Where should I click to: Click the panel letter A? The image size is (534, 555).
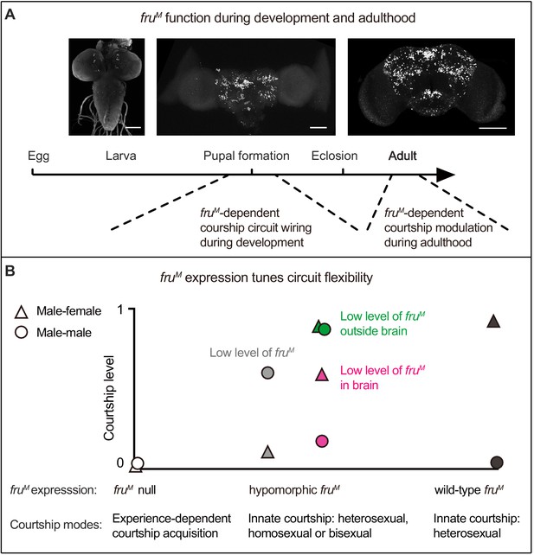click(10, 15)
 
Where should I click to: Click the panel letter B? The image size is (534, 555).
click(10, 271)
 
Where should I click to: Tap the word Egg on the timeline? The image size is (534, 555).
click(39, 156)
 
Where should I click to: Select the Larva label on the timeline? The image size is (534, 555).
click(121, 156)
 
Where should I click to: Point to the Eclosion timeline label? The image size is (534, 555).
click(334, 156)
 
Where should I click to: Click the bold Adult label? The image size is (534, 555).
click(402, 156)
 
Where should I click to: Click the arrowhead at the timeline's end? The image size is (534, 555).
click(446, 175)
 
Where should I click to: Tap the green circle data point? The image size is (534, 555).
click(325, 329)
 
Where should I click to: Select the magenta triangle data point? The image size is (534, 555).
click(322, 374)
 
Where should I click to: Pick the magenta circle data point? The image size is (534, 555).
click(322, 441)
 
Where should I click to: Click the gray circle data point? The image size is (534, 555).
click(267, 373)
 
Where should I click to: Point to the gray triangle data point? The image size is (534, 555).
click(268, 452)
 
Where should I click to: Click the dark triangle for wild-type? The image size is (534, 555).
click(493, 321)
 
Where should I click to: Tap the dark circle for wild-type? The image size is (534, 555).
click(497, 462)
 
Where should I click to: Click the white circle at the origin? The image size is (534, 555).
click(138, 463)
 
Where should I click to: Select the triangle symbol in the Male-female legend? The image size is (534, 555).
click(22, 311)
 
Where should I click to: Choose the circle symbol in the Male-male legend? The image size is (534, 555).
click(22, 333)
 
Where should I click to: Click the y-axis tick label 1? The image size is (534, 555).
click(120, 309)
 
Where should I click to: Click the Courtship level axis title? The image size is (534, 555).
click(109, 398)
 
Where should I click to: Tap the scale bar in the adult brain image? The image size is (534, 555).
click(492, 128)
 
